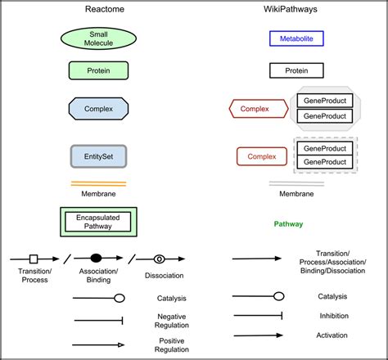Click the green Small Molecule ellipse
(x=98, y=38)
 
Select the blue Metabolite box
(x=296, y=38)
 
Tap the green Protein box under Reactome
(x=98, y=70)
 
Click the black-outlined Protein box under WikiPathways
(x=296, y=71)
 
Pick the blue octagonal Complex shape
(x=98, y=108)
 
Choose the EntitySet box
(x=98, y=155)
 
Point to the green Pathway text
(x=288, y=223)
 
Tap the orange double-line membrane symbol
(x=98, y=182)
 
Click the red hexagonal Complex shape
(x=255, y=108)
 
